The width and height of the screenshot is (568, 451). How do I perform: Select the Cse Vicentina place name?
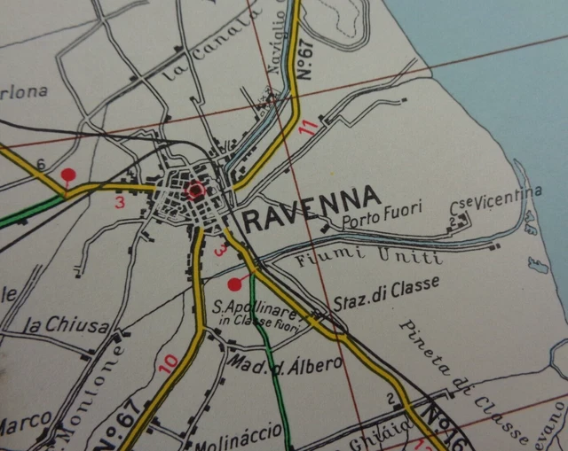point(497,199)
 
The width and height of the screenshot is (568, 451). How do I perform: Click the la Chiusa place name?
point(67,326)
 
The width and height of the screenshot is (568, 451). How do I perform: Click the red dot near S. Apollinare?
point(234,284)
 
